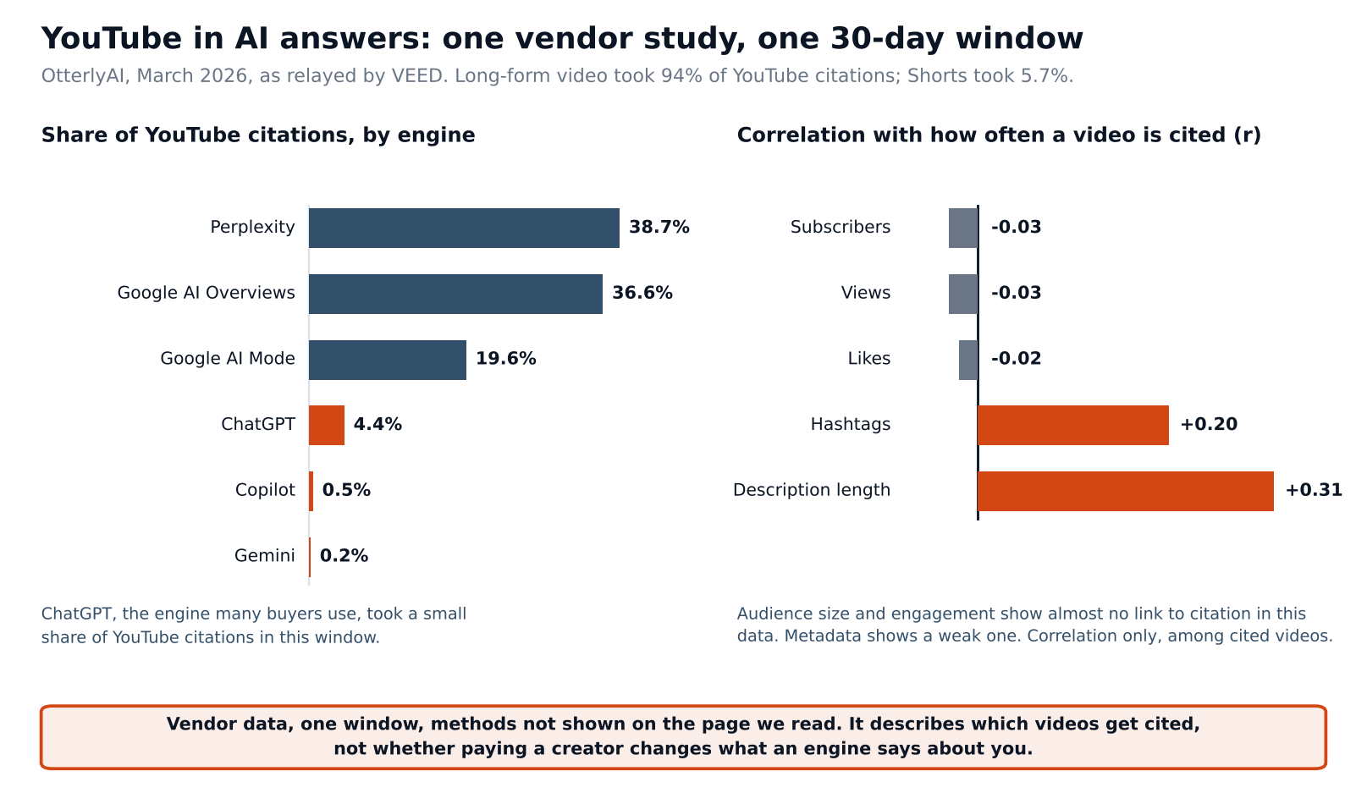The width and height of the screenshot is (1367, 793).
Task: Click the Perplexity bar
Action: tap(464, 228)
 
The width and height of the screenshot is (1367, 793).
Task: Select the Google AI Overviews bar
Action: tap(455, 294)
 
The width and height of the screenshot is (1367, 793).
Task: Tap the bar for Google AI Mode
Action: tap(388, 360)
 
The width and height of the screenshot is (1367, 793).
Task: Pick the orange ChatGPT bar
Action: tap(327, 425)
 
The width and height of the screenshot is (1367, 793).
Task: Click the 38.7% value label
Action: tap(659, 227)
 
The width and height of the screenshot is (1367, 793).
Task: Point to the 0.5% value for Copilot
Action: tap(346, 490)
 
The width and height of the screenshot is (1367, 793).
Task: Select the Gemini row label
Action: tap(264, 556)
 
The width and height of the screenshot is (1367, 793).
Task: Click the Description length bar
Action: tap(1125, 491)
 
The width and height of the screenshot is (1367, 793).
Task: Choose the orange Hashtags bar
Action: tap(1072, 425)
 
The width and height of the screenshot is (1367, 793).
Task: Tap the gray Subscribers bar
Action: tap(963, 228)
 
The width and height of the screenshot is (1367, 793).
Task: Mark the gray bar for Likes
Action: tap(967, 360)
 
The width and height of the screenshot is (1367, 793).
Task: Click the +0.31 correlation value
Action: tap(1314, 490)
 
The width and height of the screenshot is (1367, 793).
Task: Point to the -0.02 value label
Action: tap(1016, 358)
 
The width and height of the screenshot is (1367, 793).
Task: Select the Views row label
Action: tap(865, 293)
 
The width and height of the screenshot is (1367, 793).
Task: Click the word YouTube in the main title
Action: tap(112, 38)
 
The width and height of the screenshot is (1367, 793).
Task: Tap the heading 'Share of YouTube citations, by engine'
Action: tap(258, 135)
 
